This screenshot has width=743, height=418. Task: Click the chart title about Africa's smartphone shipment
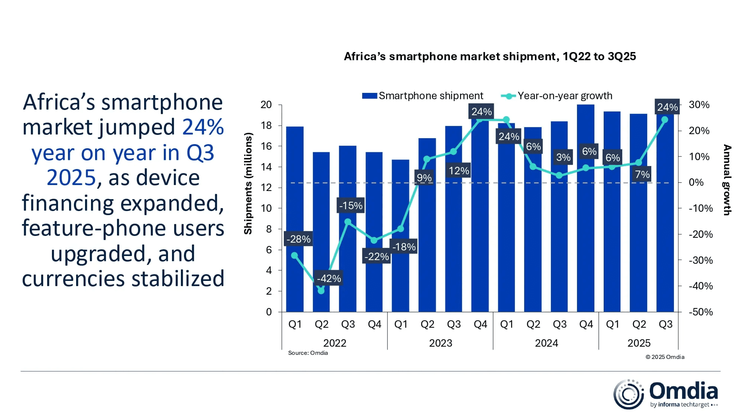point(490,56)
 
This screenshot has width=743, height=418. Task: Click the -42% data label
point(329,278)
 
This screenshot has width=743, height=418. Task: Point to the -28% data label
point(298,239)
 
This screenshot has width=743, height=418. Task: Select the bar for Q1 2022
point(295,219)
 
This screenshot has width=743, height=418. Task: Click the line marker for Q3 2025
point(665,120)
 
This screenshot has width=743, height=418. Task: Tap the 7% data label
point(642,174)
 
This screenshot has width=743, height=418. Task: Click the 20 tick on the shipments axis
point(266,105)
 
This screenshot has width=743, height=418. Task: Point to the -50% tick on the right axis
point(701,312)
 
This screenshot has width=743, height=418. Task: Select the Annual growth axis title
point(727,180)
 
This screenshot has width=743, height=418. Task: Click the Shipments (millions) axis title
point(248,184)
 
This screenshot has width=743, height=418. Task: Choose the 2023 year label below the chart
point(441,343)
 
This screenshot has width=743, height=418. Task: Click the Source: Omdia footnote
point(308,353)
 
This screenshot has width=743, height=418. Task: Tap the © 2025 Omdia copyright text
point(665,357)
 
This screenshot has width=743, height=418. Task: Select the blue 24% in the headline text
point(203,127)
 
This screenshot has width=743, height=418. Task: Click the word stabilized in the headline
point(178,279)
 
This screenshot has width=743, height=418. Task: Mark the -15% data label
point(351,205)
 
